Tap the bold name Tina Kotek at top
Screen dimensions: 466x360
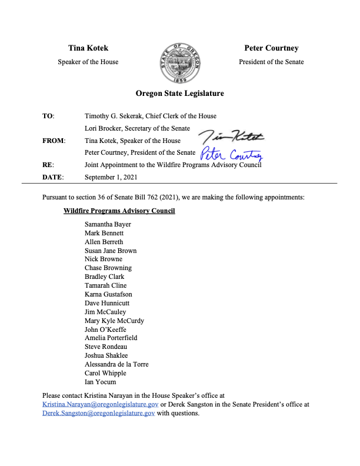88,48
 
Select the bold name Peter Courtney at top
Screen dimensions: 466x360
271,48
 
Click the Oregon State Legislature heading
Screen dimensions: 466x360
179,94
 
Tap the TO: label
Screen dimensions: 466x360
48,116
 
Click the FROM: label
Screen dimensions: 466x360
54,141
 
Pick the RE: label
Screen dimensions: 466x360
48,165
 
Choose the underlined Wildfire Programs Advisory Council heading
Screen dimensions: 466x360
119,211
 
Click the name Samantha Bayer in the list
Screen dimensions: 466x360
108,225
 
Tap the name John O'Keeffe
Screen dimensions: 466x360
105,329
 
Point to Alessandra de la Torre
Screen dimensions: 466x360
116,364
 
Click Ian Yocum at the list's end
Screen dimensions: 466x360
100,382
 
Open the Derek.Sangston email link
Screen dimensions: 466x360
99,414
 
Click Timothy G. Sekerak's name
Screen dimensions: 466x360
118,116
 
